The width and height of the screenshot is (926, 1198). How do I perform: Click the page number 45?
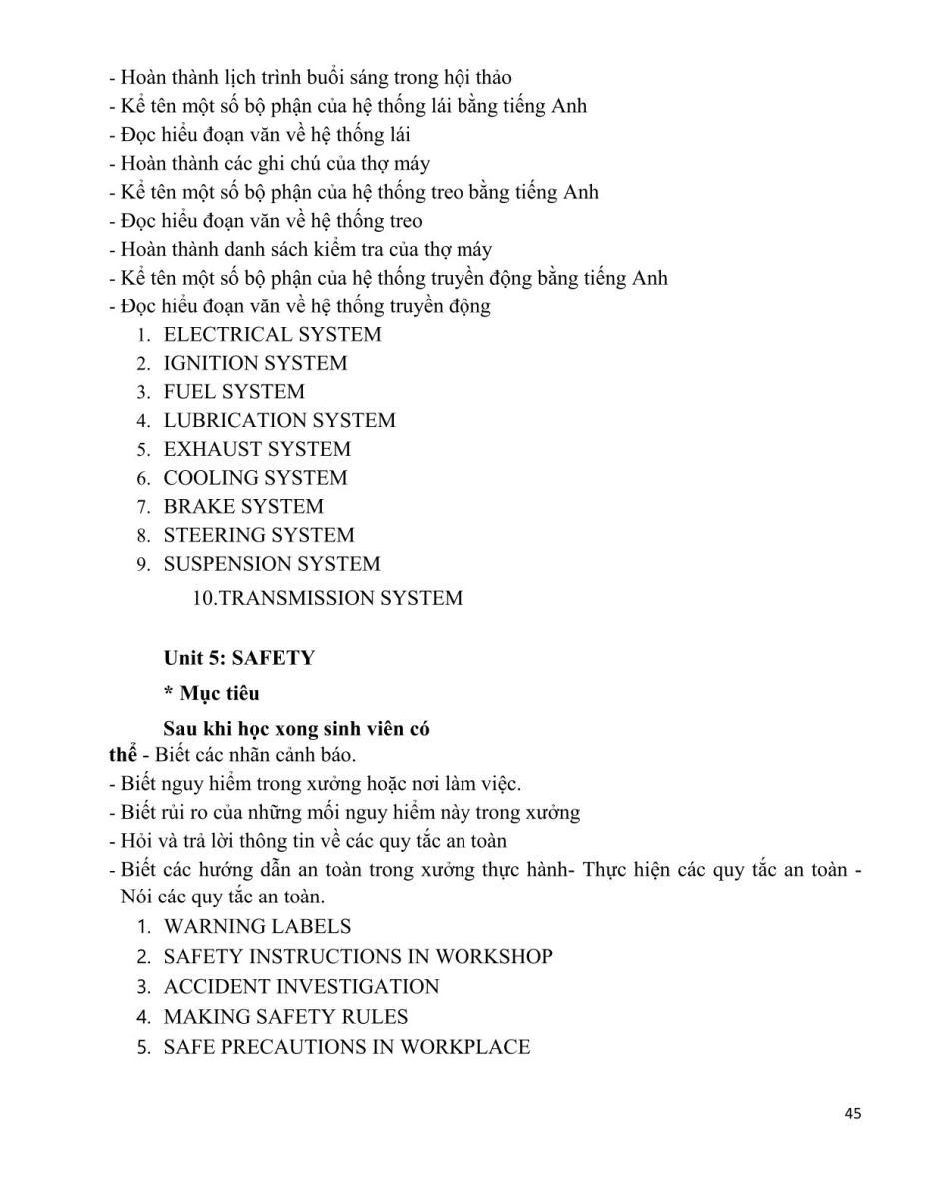[852, 1113]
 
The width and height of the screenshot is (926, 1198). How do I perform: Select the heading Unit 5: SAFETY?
[239, 658]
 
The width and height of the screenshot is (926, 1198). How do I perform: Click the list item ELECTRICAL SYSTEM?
[272, 335]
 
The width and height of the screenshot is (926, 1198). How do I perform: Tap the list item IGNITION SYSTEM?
[255, 363]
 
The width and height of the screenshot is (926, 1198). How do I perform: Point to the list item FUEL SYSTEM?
[234, 392]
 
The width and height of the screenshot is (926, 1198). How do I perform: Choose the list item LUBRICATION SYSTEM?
[279, 421]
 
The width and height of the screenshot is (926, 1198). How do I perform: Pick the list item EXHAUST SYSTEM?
[257, 449]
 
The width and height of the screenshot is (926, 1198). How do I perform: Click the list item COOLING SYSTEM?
[255, 478]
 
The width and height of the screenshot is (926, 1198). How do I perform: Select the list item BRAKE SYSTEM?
[243, 507]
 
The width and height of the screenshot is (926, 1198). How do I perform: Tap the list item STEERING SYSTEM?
[259, 535]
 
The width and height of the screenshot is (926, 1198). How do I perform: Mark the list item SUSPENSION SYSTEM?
[272, 564]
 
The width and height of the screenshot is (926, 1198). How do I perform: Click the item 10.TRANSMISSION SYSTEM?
[327, 599]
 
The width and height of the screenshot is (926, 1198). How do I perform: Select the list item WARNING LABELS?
[257, 927]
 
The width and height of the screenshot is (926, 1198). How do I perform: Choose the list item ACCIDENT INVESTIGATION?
[301, 987]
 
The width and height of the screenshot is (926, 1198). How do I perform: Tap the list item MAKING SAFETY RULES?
[286, 1017]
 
